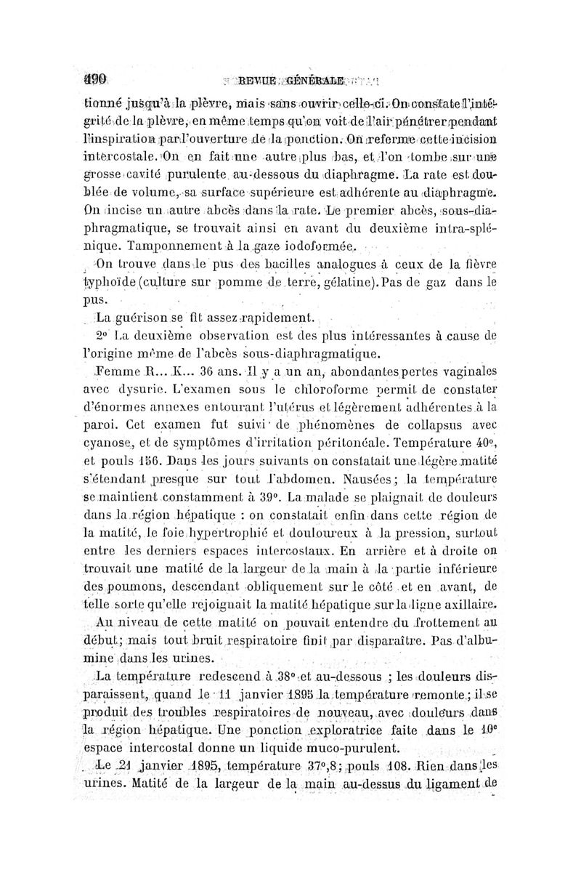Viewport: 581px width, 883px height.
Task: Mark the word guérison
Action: point(148,318)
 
